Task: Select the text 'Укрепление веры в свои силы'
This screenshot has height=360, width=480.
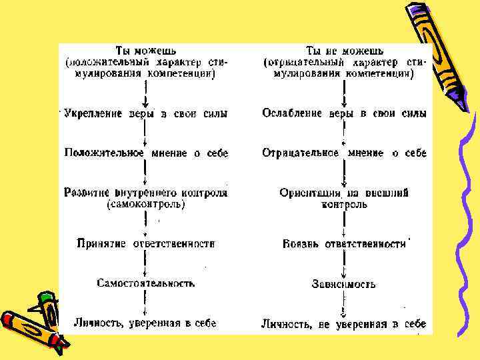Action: [145, 114]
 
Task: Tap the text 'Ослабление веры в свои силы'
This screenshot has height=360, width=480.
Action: [344, 114]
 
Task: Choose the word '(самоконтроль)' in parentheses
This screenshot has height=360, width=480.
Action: [145, 205]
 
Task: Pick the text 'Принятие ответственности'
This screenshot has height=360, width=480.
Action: [145, 244]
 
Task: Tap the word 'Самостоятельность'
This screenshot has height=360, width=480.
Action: [145, 283]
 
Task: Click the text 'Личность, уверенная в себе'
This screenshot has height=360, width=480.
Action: [145, 323]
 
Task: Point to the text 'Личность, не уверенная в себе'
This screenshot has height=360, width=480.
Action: [344, 324]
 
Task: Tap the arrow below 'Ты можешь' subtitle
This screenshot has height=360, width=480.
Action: [145, 93]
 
